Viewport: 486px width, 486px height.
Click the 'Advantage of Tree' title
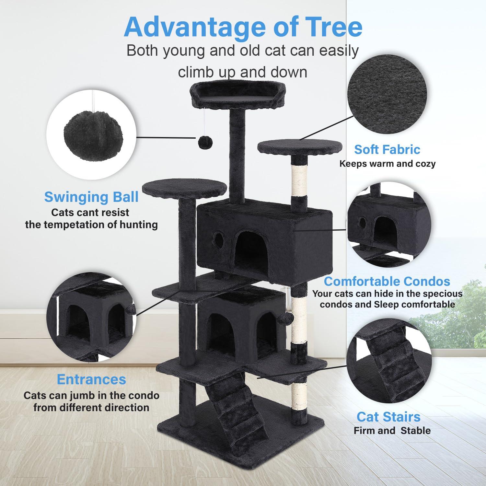pos(243,27)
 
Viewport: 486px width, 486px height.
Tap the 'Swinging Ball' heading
pos(91,197)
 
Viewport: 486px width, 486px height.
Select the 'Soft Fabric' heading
pos(387,149)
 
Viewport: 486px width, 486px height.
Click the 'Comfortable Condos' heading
pos(387,281)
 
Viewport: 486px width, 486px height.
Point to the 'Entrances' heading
pos(91,379)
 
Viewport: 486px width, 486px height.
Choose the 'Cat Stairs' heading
pos(388,417)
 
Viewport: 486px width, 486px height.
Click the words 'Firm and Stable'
pos(392,431)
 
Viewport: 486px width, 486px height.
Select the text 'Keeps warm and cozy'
pos(387,164)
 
